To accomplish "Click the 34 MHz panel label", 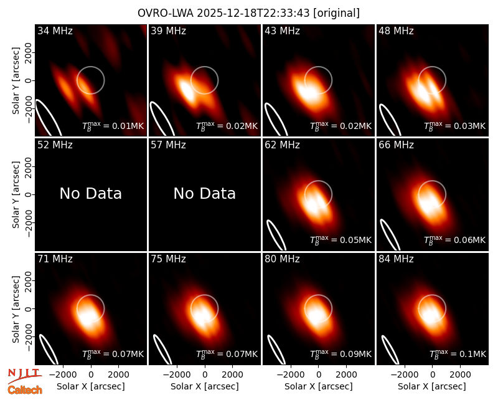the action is point(55,31).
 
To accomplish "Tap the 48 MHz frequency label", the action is point(396,31).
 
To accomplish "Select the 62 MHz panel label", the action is point(283,145).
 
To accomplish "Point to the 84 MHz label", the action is point(396,259).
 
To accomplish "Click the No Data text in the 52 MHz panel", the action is point(91,193).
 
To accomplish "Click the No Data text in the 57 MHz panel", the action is point(205,193).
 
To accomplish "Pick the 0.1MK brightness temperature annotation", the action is point(458,354).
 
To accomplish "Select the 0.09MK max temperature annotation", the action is point(341,354).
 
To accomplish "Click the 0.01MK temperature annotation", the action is point(113,126).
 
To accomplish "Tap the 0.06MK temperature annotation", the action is point(455,240).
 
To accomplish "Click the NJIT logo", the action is point(24,375).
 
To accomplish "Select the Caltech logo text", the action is point(25,390).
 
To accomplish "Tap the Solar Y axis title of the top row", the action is point(16,81).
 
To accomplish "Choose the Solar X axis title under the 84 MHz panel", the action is point(432,386).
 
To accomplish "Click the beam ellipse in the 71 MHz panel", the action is point(49,349).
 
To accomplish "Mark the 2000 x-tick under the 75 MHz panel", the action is point(232,374).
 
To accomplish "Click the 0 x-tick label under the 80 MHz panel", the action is point(319,374).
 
